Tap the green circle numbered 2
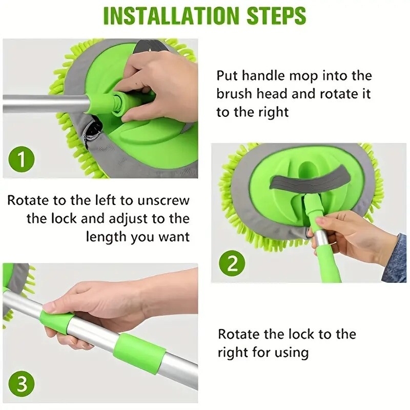[x=232, y=263]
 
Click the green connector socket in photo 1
[x=118, y=100]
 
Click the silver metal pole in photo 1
[x=41, y=102]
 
